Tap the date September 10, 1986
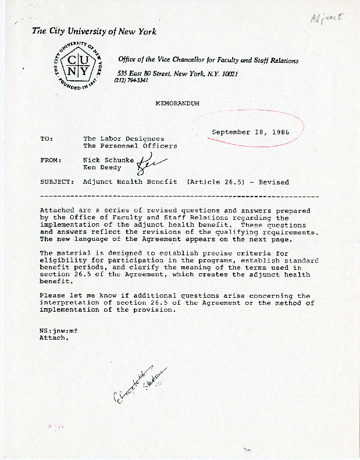(250, 132)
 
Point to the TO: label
(46, 139)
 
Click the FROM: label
(50, 159)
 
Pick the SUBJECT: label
(57, 182)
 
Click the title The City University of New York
(94, 31)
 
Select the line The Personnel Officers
(130, 146)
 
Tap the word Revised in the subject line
(274, 182)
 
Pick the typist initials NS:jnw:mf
(58, 330)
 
